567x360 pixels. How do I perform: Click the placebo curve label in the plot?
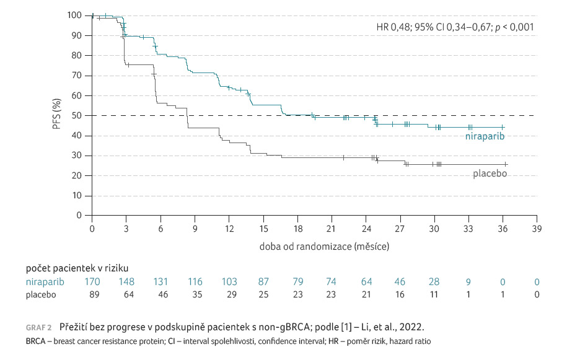490,174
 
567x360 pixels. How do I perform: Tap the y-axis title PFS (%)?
56,115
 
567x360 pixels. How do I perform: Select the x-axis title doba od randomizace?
325,247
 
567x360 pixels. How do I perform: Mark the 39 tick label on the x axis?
537,229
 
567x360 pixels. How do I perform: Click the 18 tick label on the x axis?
297,229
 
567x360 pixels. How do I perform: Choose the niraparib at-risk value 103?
229,283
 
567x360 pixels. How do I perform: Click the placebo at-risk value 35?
195,295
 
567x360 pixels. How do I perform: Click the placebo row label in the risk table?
41,295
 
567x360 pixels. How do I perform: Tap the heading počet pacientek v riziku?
77,268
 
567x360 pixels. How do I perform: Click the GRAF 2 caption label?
39,327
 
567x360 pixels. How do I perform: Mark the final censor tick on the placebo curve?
506,164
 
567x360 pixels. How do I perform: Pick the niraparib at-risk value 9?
468,283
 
